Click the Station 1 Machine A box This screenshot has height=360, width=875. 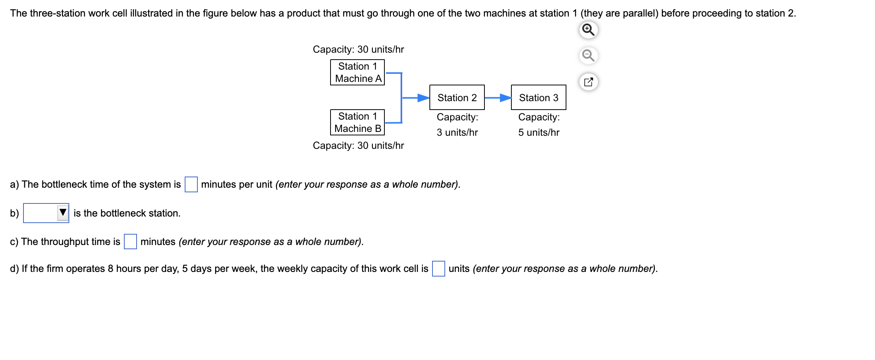coord(357,72)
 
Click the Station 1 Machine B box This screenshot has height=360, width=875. coord(357,122)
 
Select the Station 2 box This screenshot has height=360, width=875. coord(457,98)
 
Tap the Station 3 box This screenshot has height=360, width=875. coord(538,98)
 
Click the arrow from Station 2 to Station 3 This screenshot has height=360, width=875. coord(498,98)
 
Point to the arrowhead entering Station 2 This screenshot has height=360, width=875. coord(424,98)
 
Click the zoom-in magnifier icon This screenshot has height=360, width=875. coord(588,30)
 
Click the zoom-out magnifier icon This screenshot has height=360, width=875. coord(588,56)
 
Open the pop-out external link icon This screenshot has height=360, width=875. coord(588,82)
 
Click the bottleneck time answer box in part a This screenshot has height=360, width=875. coord(191,184)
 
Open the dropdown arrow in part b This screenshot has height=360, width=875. coord(63,213)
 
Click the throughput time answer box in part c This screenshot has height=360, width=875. coord(130,242)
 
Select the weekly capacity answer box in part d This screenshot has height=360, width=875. coord(438,268)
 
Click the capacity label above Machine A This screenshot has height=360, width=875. coord(358,49)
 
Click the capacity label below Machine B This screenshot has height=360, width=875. coord(358,145)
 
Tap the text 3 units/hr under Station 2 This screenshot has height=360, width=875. coord(457,132)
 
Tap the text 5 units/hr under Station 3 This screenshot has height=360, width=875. coord(539,132)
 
